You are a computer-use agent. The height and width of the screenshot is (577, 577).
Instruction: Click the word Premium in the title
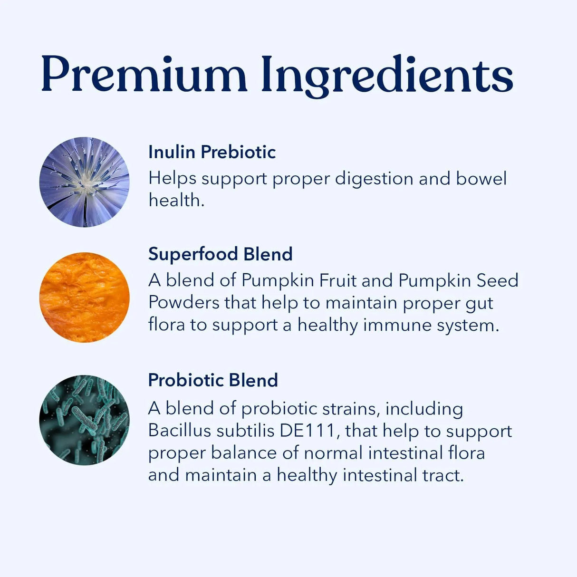click(144, 75)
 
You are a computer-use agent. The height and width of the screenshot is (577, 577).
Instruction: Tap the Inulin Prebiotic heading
click(212, 152)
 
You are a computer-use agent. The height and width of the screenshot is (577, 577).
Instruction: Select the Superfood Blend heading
click(220, 254)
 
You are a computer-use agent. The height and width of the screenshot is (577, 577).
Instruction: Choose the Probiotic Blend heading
click(213, 380)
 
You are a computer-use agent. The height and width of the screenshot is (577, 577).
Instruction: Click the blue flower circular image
click(85, 182)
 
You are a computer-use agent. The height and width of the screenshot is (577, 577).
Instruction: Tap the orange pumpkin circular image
click(85, 298)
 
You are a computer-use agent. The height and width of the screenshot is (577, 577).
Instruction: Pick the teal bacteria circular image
click(85, 420)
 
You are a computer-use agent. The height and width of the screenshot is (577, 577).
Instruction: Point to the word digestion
click(374, 179)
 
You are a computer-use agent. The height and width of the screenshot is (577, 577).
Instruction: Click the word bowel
click(481, 178)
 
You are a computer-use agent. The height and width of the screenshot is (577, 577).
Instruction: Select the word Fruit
click(337, 280)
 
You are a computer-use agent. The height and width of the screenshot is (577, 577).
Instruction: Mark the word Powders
click(183, 303)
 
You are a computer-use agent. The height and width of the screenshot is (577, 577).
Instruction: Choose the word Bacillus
click(179, 431)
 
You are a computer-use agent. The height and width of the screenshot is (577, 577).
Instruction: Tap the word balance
click(243, 452)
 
